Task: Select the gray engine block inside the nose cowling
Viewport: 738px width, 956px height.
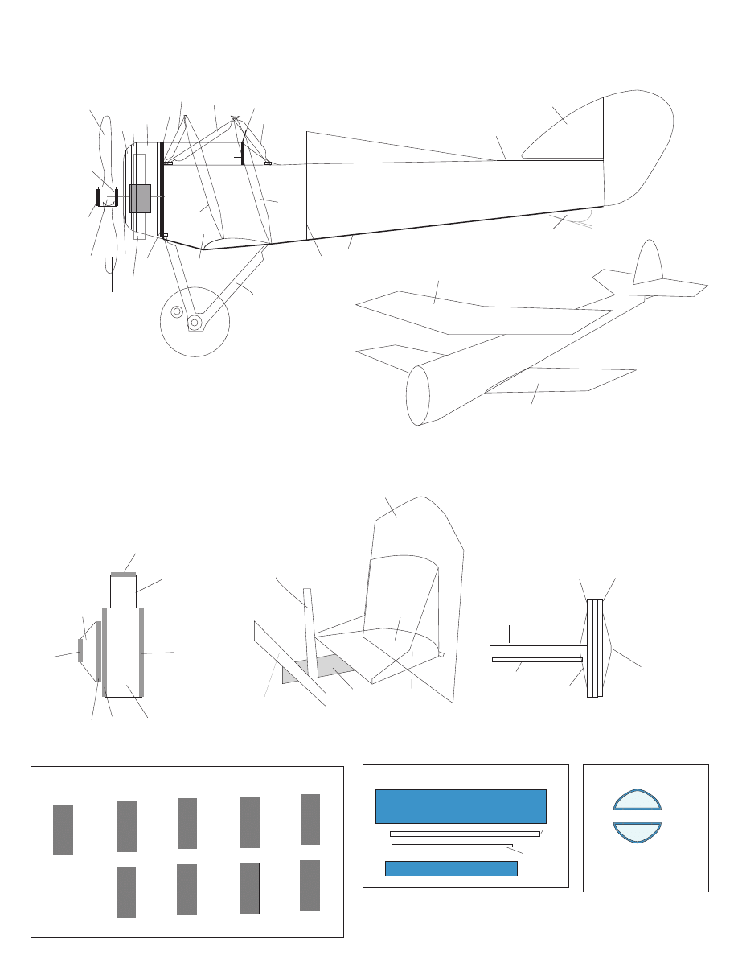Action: pos(140,198)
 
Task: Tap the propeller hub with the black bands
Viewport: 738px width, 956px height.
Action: pos(108,196)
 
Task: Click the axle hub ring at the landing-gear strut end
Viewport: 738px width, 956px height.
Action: pos(194,322)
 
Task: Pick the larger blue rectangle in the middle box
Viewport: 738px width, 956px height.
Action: pos(461,806)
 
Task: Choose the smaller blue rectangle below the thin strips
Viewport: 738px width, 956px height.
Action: pos(451,868)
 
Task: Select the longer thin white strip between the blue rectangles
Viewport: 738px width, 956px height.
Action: pos(465,834)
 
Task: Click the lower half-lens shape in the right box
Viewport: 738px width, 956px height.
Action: pos(638,830)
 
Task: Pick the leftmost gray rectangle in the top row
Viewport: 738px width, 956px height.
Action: pos(63,829)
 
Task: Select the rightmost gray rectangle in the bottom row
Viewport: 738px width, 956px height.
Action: pos(310,885)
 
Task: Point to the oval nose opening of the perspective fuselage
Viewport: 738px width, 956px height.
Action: pos(417,395)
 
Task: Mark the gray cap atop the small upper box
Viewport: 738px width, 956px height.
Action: pos(124,575)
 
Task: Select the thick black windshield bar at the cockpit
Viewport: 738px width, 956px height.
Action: pos(243,150)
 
